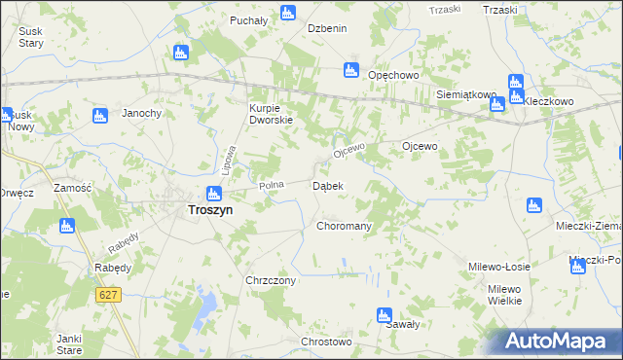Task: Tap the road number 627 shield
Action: (109, 294)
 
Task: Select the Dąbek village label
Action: (325, 186)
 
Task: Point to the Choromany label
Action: (345, 226)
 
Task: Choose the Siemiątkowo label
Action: (465, 95)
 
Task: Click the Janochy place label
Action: (141, 114)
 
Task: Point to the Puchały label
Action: (248, 20)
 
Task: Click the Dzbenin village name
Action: (327, 29)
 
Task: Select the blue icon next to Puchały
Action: (287, 13)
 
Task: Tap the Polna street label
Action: (270, 185)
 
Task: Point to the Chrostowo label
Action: (325, 342)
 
